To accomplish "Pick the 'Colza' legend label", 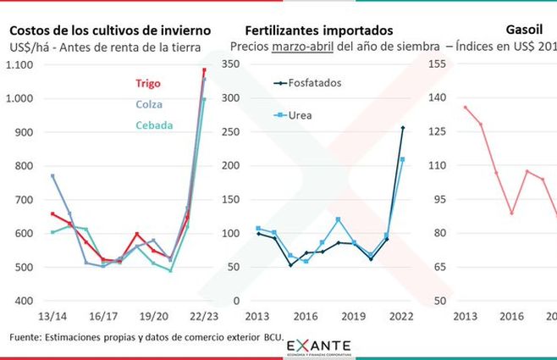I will pyautogui.click(x=148, y=105).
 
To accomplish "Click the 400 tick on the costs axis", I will pyautogui.click(x=27, y=301).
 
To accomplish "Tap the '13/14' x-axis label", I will pyautogui.click(x=52, y=316).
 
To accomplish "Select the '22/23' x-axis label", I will pyautogui.click(x=204, y=316).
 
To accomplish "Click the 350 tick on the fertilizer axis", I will pyautogui.click(x=230, y=64).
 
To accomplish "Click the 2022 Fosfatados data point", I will pyautogui.click(x=402, y=128).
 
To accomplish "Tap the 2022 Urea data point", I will pyautogui.click(x=402, y=159).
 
